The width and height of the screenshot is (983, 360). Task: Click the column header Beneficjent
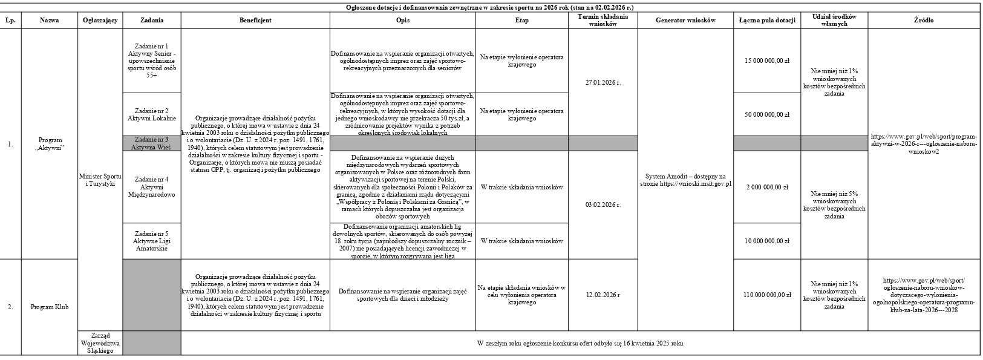coord(255,20)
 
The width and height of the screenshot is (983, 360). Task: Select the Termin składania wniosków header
coord(603,20)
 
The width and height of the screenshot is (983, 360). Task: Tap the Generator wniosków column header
coord(685,20)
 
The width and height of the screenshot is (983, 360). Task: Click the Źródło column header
coord(924,20)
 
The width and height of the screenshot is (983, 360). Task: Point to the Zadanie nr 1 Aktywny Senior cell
coord(151,61)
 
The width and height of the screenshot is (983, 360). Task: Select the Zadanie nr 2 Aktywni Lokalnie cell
coord(151,114)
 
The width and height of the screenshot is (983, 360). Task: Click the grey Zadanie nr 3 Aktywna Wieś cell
coord(151,143)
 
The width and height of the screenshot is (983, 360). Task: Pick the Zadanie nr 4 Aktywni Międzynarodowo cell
coord(151,187)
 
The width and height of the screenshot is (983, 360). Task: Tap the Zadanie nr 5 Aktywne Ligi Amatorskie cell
coord(151,241)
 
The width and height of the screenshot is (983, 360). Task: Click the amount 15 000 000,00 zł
coord(766,61)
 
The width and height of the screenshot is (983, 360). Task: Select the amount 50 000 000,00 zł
coord(766,114)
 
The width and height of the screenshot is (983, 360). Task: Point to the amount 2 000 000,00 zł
coord(766,187)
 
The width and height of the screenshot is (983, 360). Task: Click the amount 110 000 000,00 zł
coord(766,295)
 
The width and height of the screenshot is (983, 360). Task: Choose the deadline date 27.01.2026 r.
coord(603,82)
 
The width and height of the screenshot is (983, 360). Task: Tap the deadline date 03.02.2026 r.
coord(603,205)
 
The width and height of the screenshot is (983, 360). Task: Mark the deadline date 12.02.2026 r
coord(603,295)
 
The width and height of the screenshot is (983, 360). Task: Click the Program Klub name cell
coord(50,307)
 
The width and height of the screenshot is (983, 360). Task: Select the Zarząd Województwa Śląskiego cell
coord(100,343)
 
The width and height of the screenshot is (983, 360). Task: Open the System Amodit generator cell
coord(685,180)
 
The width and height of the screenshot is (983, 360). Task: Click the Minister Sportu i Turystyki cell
coord(100,180)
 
